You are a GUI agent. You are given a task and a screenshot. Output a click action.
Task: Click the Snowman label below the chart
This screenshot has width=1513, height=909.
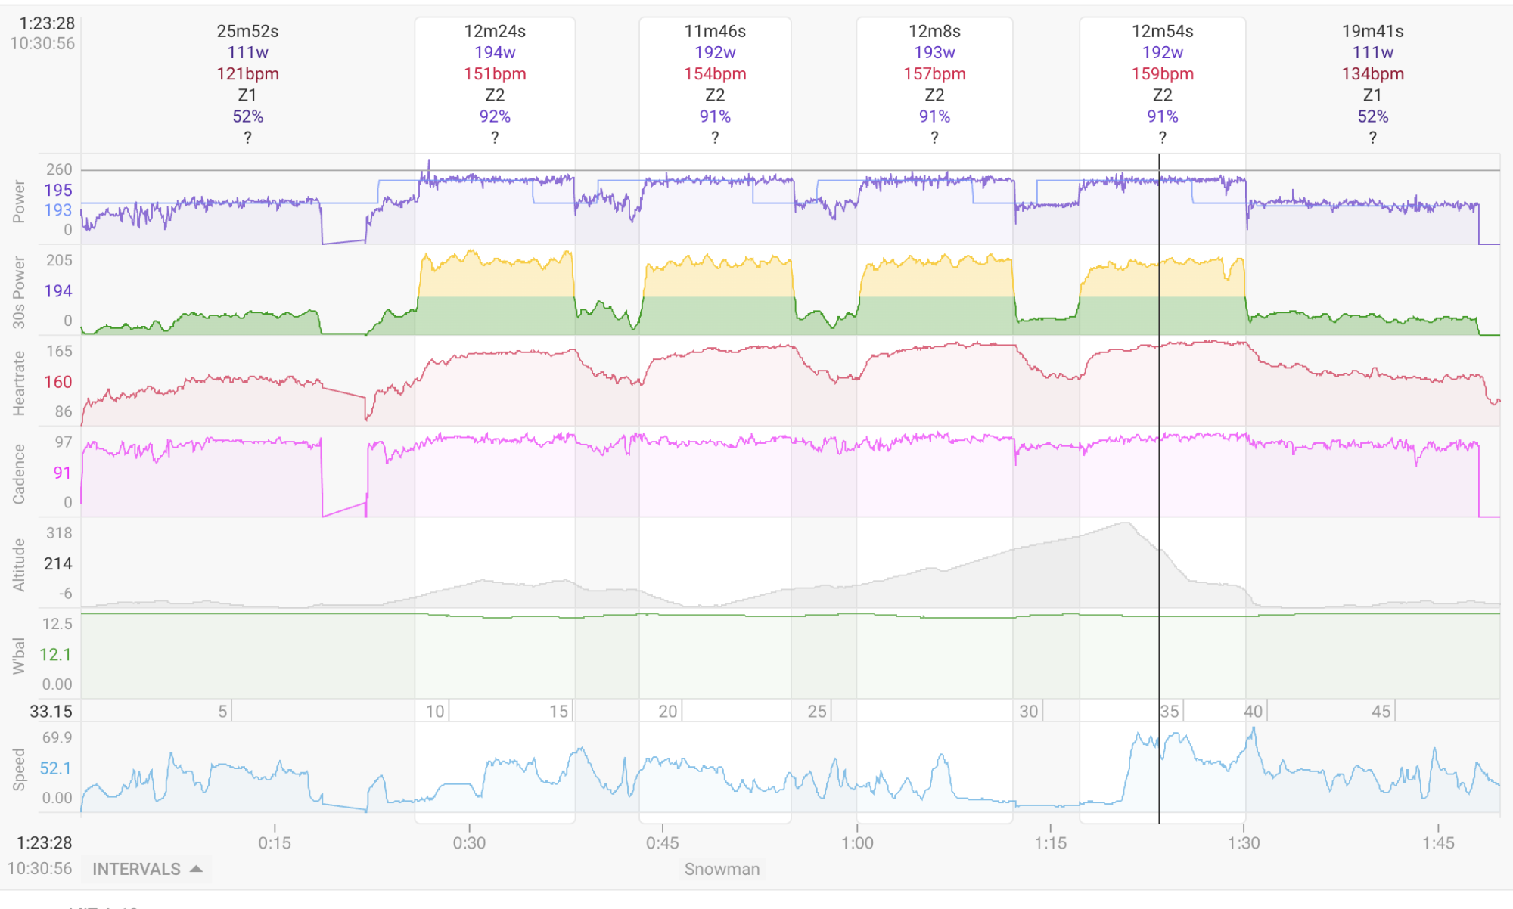[722, 869]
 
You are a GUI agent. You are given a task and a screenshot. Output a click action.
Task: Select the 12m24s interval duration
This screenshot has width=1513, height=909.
[495, 31]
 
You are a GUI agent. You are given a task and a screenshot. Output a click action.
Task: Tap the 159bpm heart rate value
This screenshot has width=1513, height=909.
[1162, 73]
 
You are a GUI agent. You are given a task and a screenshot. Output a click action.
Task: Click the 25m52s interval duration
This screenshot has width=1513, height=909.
[247, 31]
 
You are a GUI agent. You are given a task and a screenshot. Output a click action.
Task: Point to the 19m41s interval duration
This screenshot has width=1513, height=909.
[1372, 31]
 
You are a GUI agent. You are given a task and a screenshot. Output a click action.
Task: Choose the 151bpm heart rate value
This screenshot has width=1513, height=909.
[495, 73]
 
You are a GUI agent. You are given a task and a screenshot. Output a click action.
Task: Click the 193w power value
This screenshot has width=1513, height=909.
[934, 52]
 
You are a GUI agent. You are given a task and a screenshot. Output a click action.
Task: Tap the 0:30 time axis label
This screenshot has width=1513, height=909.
[469, 842]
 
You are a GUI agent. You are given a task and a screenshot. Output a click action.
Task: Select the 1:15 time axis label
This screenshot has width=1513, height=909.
[1050, 842]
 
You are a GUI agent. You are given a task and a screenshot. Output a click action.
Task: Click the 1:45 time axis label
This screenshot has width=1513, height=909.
[1438, 842]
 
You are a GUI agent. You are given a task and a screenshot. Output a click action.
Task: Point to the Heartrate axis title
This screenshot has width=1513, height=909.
[19, 383]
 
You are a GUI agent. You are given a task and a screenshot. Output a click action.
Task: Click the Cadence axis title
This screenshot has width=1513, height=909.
[19, 473]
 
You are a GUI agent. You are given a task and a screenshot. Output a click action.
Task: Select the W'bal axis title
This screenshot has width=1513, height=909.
[19, 655]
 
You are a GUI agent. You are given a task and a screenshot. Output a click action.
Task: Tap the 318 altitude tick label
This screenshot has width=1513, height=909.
[59, 533]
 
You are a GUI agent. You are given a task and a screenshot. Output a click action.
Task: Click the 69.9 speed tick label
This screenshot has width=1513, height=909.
[57, 737]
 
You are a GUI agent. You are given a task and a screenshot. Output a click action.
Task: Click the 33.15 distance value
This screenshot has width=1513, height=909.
[51, 711]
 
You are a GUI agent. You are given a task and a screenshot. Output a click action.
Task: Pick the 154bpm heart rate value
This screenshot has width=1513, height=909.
[715, 73]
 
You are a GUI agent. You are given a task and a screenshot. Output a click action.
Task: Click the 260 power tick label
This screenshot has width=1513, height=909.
[59, 169]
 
